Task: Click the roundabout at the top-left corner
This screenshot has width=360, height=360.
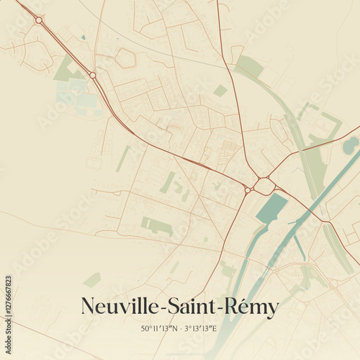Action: point(38,20)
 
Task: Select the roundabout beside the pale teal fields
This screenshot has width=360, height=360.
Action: point(93,75)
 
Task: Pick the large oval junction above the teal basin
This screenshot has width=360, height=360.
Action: point(264,186)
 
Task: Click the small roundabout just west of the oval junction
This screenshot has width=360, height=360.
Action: point(247,190)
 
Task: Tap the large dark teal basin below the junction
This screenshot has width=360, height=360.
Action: point(270,209)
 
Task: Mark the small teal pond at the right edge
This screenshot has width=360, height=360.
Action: point(351,145)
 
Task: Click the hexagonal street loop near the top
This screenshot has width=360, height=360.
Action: point(125,58)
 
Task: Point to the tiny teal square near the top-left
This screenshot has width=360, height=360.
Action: point(84,37)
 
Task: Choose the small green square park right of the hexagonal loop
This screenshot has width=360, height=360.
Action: point(220,90)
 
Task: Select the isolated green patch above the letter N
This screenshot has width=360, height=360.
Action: point(92,279)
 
